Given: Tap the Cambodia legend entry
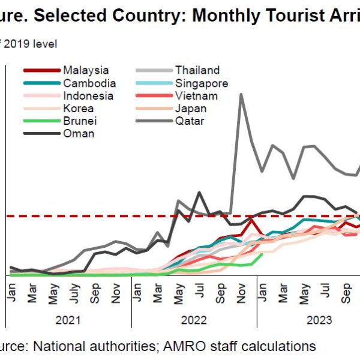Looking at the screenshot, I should point(89,83).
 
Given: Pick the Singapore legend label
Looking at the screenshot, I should point(201,83).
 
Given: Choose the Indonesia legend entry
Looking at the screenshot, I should point(88,96).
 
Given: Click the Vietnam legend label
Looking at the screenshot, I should point(196,96).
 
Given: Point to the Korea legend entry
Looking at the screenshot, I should point(78,109).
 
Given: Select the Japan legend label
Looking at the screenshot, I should point(191,109).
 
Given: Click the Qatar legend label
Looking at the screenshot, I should point(190,121).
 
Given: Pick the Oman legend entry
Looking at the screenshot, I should point(78,134).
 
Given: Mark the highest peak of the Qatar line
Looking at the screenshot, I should point(241,94).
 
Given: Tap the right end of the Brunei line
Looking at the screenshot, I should point(262,253).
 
